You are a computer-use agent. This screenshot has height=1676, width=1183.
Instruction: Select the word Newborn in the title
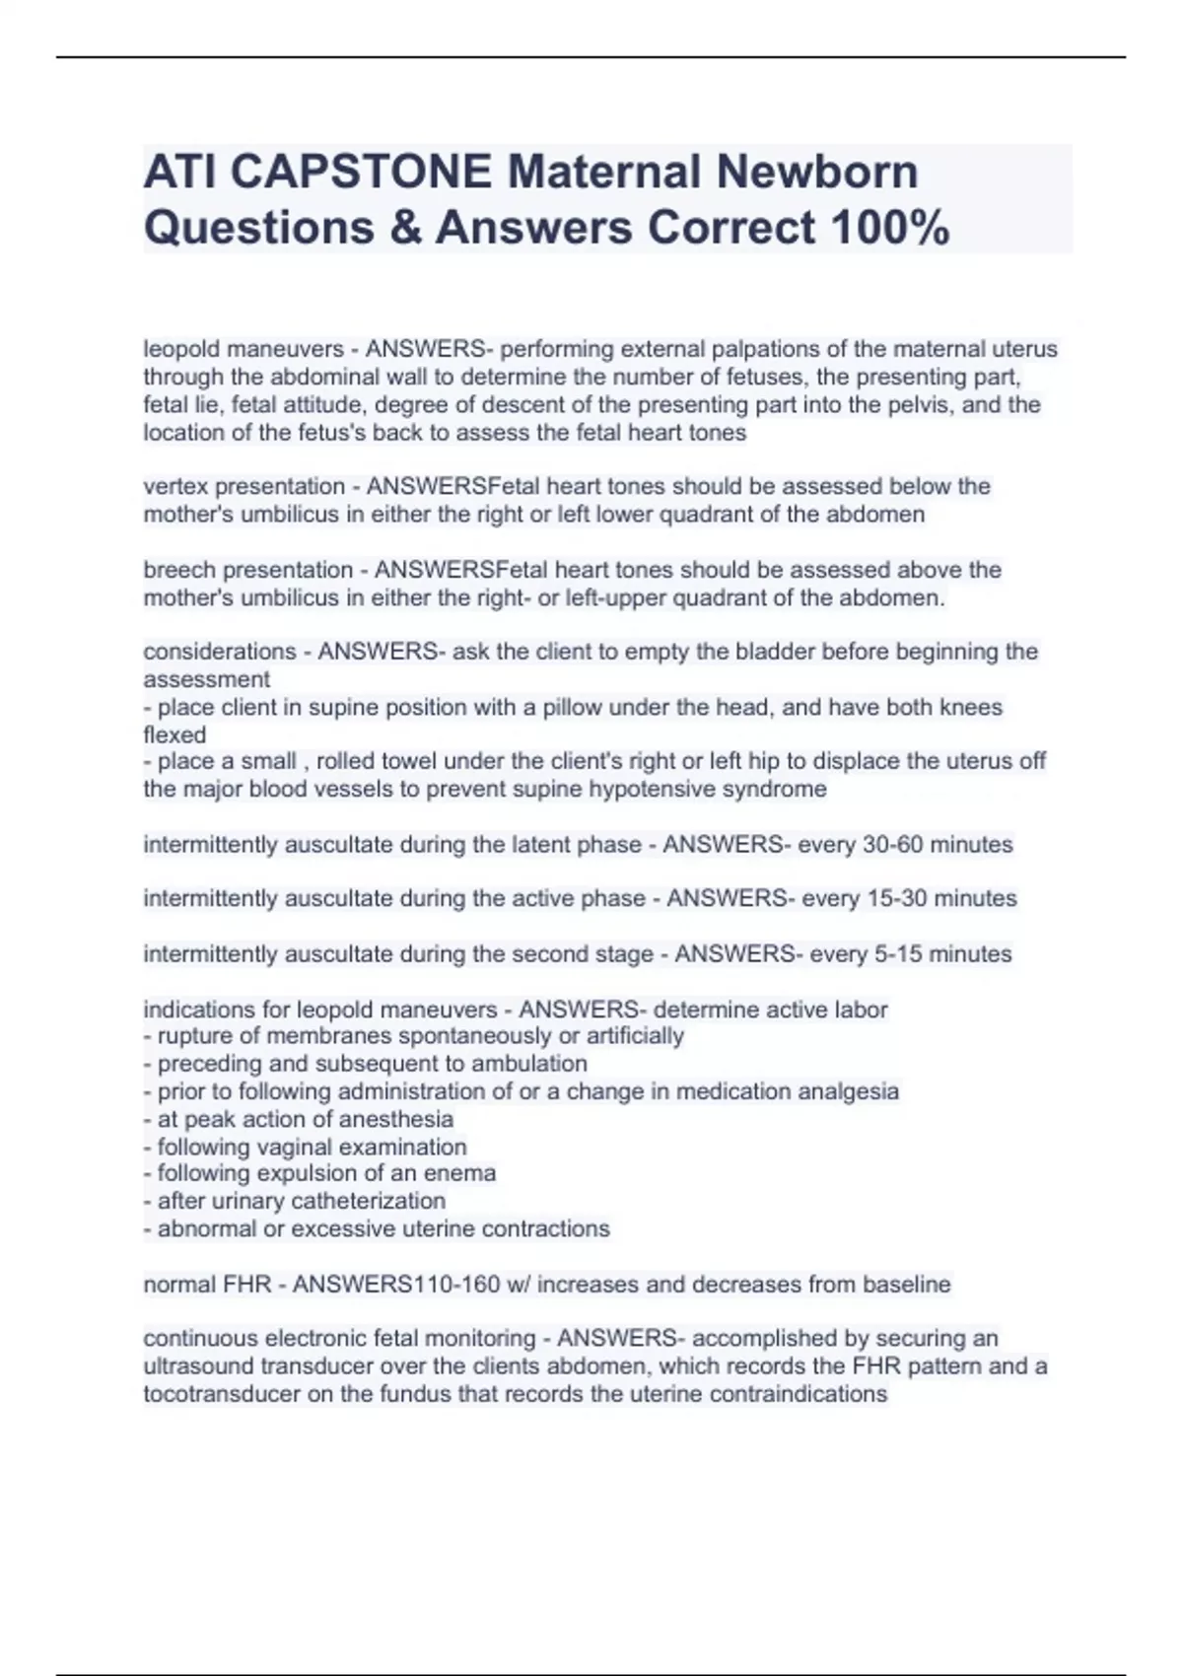click(x=817, y=173)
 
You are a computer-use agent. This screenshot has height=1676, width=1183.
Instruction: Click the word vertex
click(x=175, y=486)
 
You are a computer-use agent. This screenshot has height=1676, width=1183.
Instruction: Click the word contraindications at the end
click(x=798, y=1394)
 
